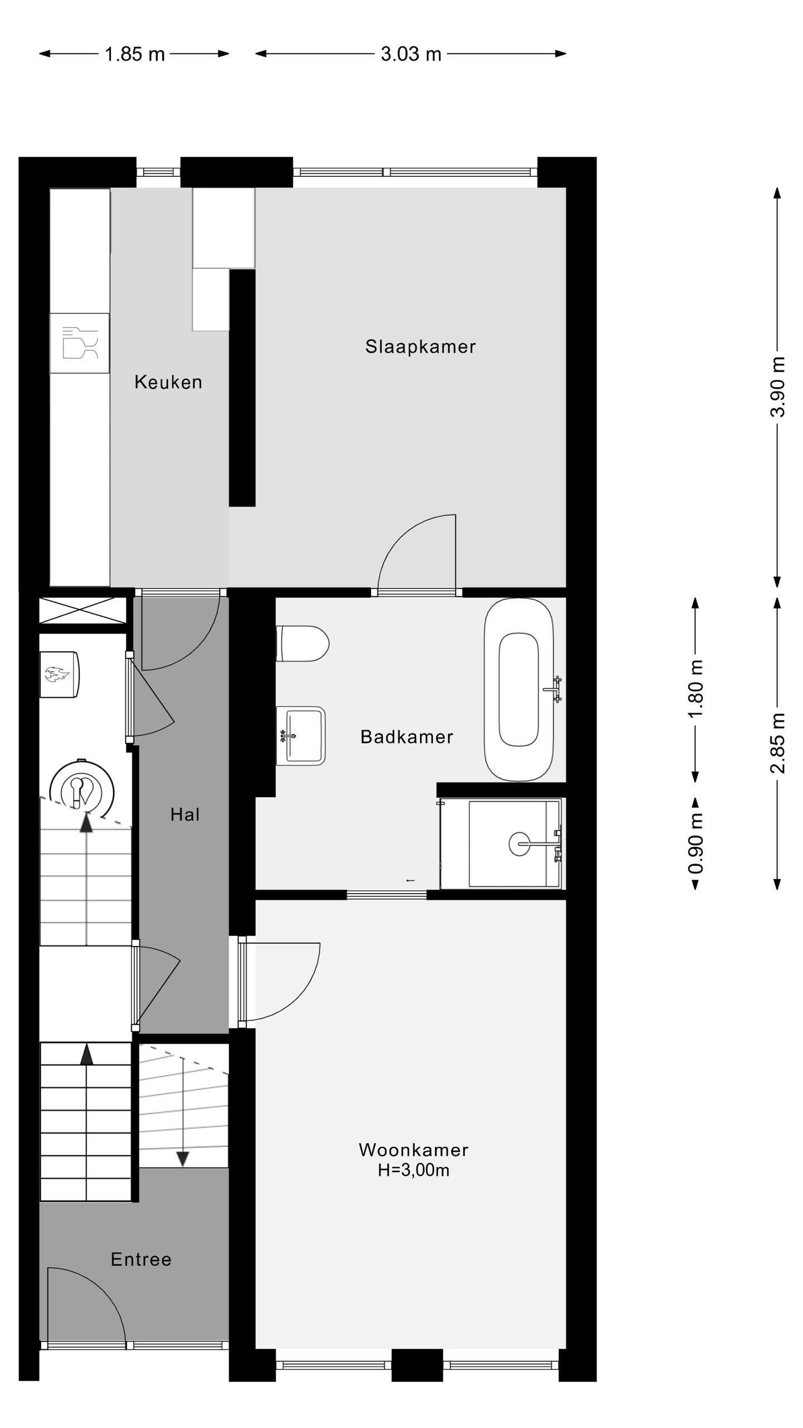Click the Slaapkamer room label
[420, 346]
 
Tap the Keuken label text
[168, 382]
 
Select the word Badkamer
[407, 737]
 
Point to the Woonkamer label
[413, 1150]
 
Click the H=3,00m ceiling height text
[413, 1170]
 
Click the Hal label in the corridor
[185, 815]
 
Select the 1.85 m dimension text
[134, 54]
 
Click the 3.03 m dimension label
[411, 54]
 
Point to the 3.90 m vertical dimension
[778, 387]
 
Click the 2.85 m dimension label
[778, 742]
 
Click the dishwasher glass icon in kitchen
[80, 342]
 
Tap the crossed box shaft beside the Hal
[82, 610]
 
